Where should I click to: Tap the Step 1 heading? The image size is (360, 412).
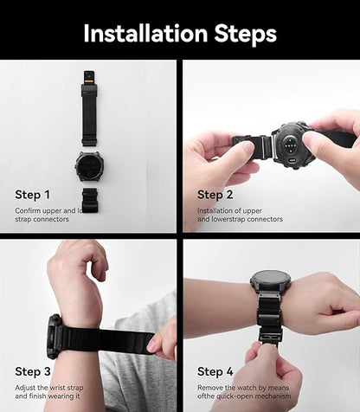tap(33, 195)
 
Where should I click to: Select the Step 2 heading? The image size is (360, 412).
tap(215, 195)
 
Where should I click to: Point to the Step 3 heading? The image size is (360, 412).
tap(33, 370)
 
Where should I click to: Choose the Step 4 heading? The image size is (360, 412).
tap(215, 370)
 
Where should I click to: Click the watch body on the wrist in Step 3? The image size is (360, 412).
tap(54, 336)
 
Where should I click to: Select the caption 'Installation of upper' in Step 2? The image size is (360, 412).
tap(228, 210)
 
